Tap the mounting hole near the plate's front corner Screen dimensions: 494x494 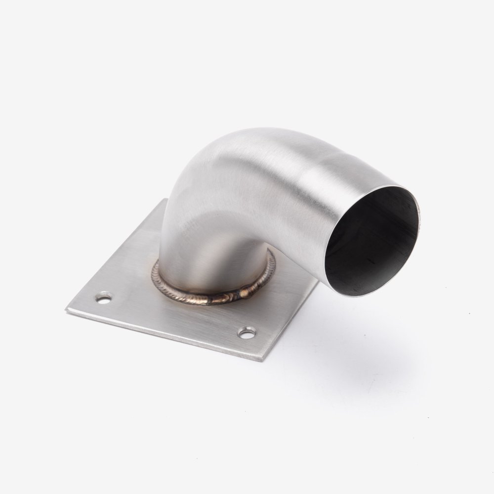[246, 333]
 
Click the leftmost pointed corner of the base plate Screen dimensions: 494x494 [66, 310]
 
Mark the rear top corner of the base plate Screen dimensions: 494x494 [165, 199]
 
